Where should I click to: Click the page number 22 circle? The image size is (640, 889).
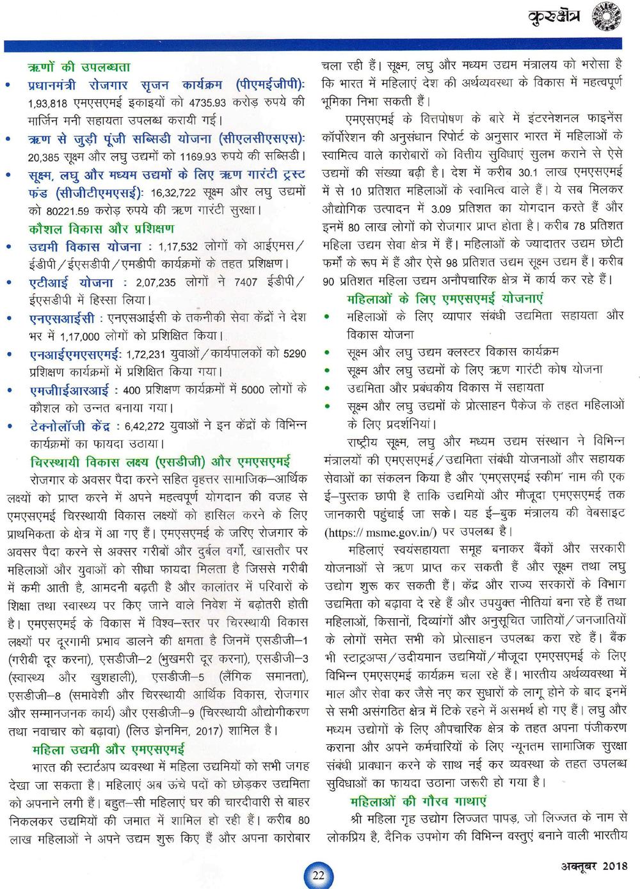pos(318,875)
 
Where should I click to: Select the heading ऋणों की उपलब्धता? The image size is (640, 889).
pos(79,67)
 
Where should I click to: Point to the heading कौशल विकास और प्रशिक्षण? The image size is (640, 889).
pos(101,228)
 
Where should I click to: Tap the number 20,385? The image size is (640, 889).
pos(44,156)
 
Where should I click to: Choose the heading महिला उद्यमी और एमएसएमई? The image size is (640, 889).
pos(109,749)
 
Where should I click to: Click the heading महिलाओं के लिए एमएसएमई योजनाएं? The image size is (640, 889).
pos(445,298)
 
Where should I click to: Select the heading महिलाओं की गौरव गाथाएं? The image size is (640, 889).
pos(418,801)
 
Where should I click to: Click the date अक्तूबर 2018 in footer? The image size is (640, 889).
pos(594,866)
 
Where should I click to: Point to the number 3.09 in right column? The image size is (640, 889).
pos(441,208)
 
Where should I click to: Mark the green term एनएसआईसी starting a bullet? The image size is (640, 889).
pos(62,318)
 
